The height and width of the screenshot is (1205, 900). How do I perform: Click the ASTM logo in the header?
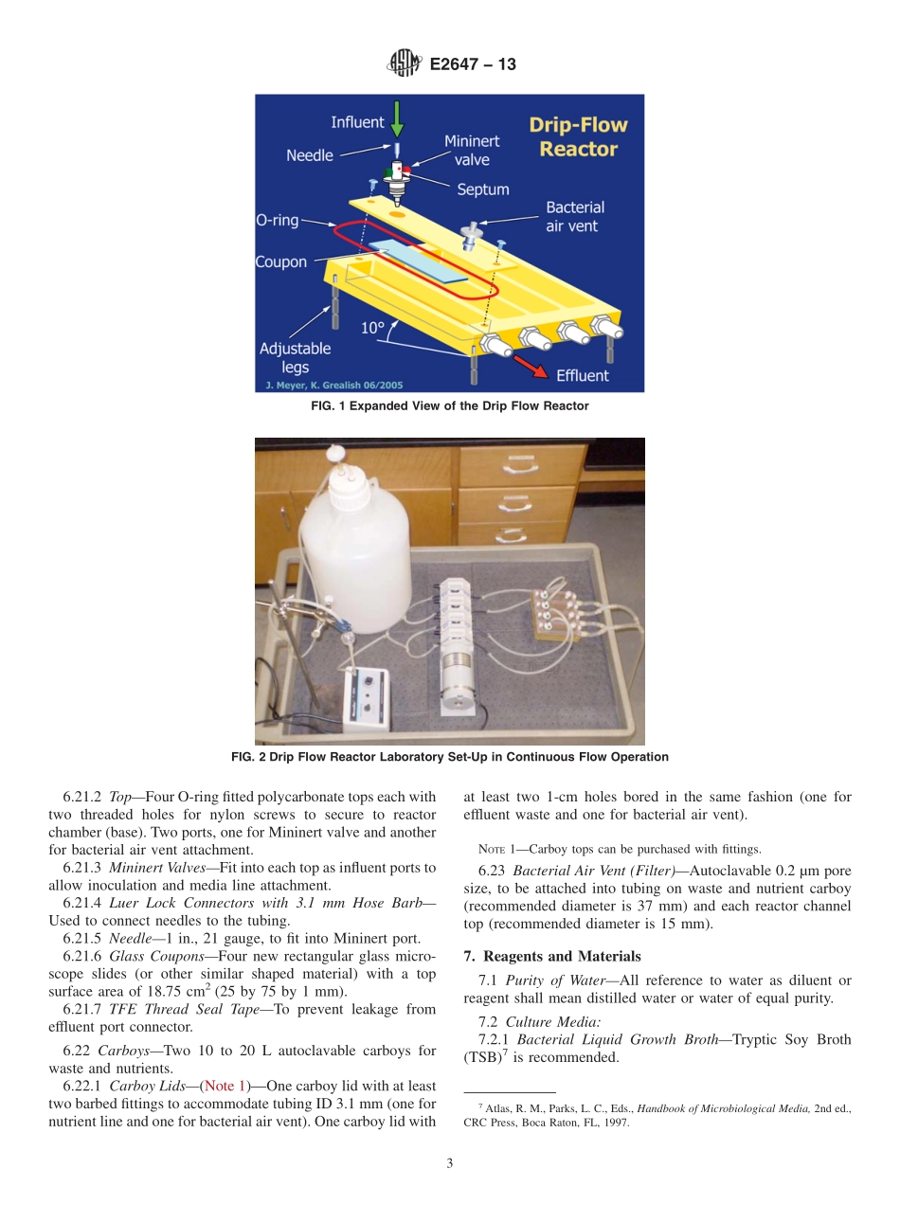(x=405, y=64)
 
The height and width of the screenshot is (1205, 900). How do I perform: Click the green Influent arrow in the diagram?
(x=396, y=119)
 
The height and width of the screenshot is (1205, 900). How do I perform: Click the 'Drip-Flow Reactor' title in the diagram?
(x=578, y=137)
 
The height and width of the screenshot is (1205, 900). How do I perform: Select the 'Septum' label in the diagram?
(x=482, y=189)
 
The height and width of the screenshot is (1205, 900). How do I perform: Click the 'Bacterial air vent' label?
(x=574, y=216)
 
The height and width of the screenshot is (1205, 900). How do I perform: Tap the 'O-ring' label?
(x=278, y=220)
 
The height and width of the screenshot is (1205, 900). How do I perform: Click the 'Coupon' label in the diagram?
(x=281, y=261)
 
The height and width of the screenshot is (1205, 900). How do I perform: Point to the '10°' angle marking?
(x=372, y=329)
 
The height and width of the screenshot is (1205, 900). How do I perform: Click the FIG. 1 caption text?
(x=450, y=406)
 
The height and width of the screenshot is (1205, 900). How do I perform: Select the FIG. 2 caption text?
(x=450, y=757)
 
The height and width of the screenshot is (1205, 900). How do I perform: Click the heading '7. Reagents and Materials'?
(x=551, y=956)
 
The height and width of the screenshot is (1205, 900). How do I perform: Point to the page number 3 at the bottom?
(x=450, y=1164)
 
